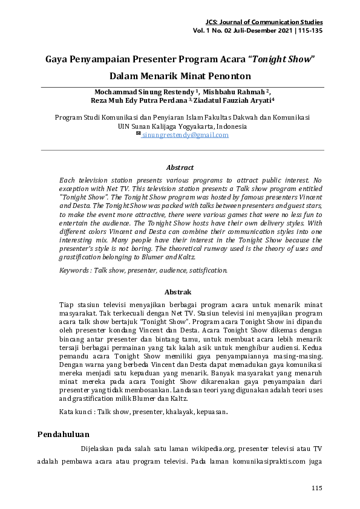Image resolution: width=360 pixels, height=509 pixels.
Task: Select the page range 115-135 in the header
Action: pos(308,30)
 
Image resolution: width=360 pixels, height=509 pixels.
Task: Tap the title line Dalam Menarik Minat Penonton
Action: pos(180,77)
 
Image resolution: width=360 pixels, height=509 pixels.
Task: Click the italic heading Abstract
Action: pos(180,167)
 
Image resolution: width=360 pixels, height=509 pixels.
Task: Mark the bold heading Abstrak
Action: pos(180,292)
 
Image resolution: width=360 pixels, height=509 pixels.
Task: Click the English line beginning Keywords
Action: pos(143,270)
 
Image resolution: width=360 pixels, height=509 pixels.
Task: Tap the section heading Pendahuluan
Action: pos(64,434)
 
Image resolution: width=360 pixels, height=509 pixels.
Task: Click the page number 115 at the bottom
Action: pos(316,488)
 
